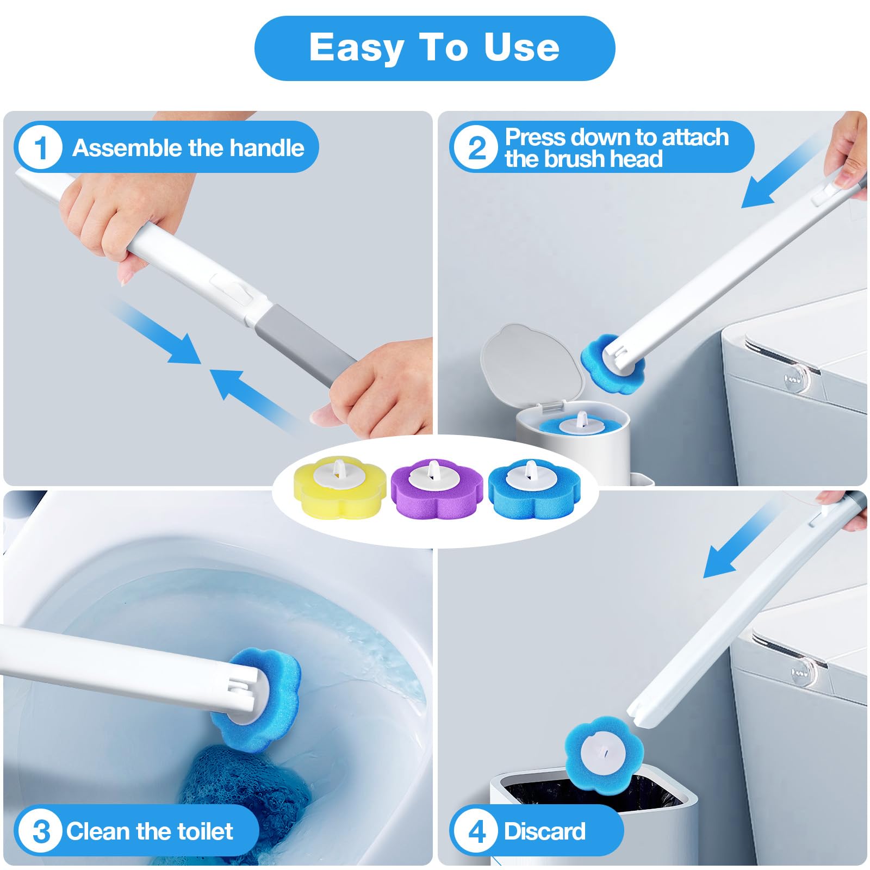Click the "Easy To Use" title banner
point(434,48)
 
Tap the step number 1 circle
point(40,148)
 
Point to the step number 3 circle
point(40,831)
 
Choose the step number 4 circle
point(477,831)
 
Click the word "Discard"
point(544,831)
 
